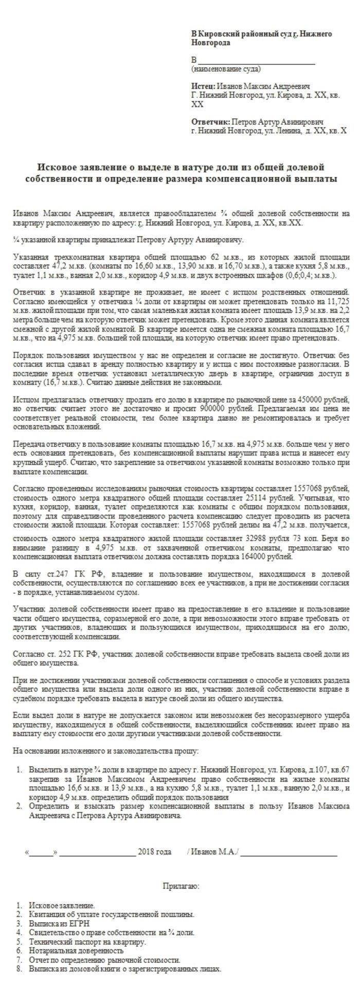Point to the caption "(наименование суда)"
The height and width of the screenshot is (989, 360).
[226, 68]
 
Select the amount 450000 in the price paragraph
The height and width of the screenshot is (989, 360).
[308, 399]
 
